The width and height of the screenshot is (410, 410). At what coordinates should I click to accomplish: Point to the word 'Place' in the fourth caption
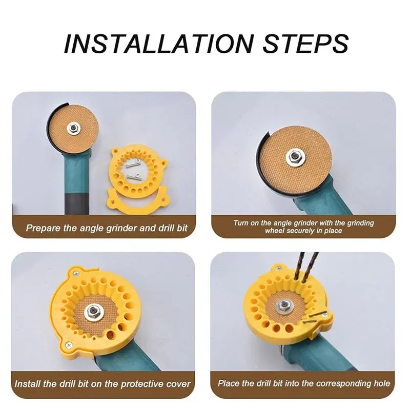point(228,383)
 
